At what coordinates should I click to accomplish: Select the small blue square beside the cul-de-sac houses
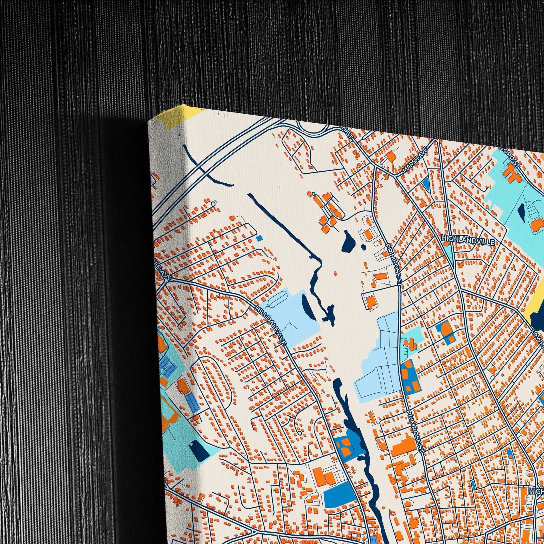(x=260, y=238)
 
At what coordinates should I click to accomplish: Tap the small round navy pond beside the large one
(x=363, y=247)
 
